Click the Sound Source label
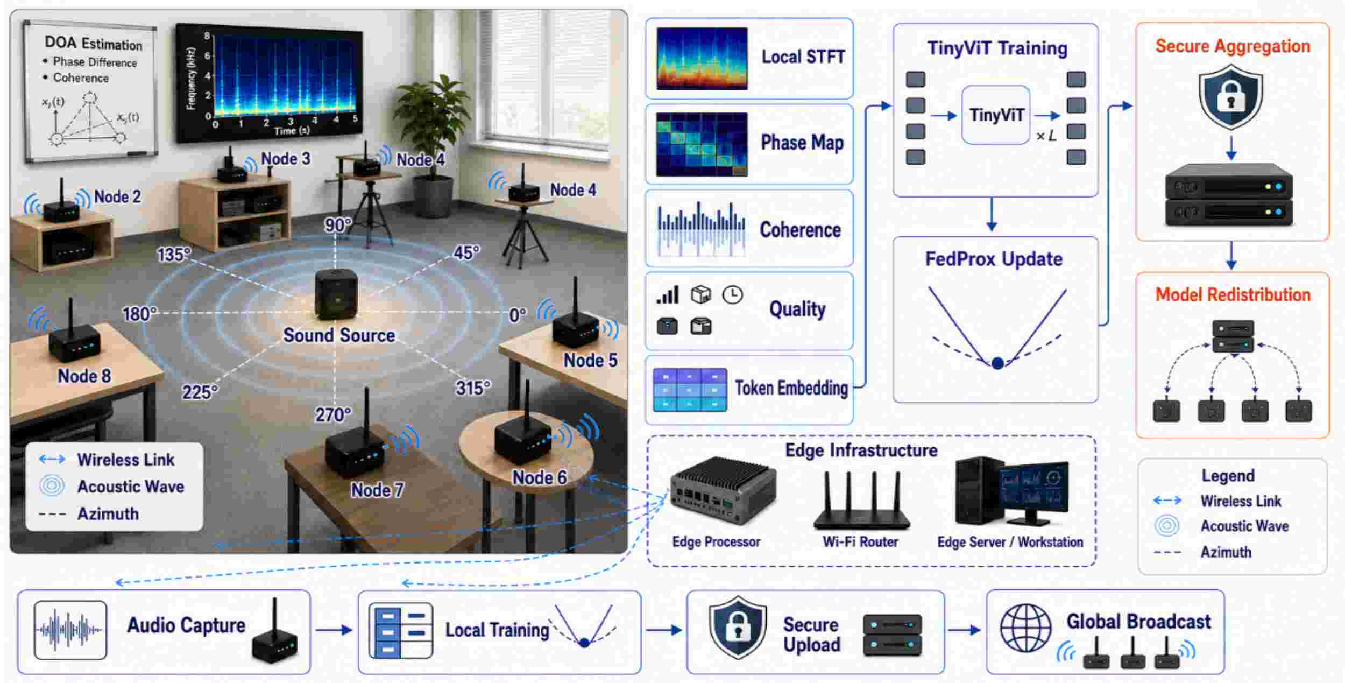point(339,335)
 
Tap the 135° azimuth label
point(174,254)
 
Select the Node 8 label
point(84,376)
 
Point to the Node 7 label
point(377,490)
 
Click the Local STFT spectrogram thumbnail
point(702,59)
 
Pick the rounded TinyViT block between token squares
point(996,115)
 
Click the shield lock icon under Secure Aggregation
point(1231,97)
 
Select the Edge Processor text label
point(716,541)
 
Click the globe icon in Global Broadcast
point(1025,628)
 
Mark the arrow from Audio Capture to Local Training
point(334,630)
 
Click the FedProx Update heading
point(994,259)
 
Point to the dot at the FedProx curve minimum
point(997,363)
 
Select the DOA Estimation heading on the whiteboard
point(94,43)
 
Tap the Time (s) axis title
point(292,131)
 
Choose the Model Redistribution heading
point(1233,294)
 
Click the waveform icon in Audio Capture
point(70,630)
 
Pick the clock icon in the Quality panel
point(732,295)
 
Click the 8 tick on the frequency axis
point(207,37)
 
